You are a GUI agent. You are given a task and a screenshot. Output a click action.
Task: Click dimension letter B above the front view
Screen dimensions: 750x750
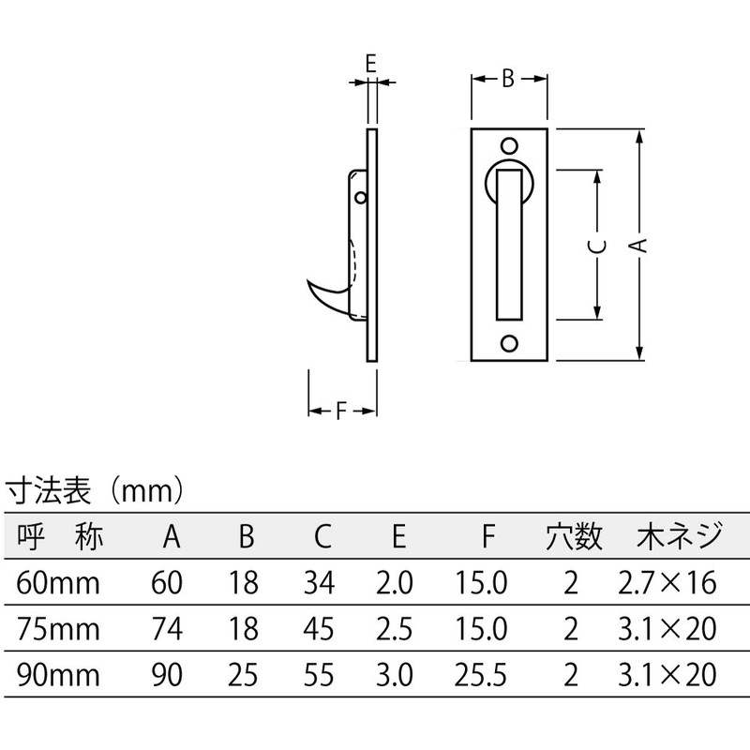click(507, 79)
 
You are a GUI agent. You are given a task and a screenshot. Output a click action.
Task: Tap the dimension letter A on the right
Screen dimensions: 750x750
click(638, 246)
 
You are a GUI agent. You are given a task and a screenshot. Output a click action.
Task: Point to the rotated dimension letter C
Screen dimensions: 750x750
click(597, 247)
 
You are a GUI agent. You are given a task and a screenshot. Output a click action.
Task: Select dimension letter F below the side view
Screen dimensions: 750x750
click(342, 411)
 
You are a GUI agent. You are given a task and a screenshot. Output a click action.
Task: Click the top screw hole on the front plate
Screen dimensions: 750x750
click(508, 146)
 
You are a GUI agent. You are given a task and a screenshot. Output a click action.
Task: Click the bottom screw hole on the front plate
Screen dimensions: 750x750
click(508, 342)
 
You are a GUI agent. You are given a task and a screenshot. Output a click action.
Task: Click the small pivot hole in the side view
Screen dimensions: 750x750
click(363, 198)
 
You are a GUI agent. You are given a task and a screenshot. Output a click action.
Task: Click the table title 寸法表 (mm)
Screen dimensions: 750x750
click(94, 489)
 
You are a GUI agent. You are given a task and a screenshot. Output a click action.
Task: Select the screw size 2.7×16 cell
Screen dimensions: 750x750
click(667, 584)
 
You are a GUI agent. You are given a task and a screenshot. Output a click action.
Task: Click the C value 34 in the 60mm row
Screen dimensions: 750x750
click(319, 584)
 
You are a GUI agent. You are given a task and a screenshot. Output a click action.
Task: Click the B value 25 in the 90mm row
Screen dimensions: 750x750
click(246, 673)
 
